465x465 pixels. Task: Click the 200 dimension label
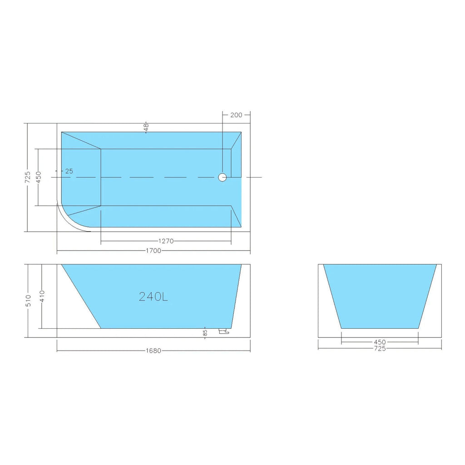click(x=236, y=115)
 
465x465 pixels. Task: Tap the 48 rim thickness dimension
click(x=146, y=127)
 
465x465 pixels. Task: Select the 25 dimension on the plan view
click(x=69, y=171)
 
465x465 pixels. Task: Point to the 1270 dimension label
click(x=166, y=241)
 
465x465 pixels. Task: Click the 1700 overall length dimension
click(x=153, y=251)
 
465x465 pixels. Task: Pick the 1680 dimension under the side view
click(x=153, y=351)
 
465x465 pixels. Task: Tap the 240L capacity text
click(x=153, y=297)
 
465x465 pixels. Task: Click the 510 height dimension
click(x=29, y=301)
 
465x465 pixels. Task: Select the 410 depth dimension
click(x=42, y=296)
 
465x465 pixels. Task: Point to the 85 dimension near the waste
click(x=205, y=333)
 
